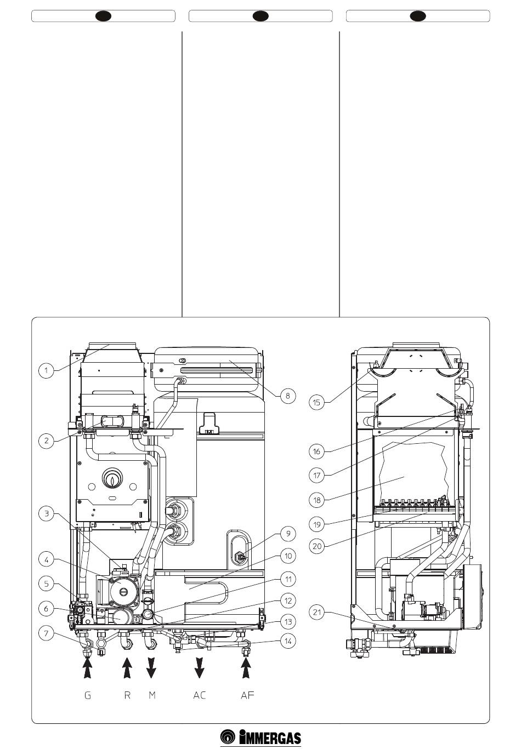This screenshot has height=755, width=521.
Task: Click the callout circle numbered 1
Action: pos(46,371)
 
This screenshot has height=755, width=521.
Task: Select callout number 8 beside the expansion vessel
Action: pos(288,396)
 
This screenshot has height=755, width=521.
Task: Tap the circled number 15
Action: pos(316,402)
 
